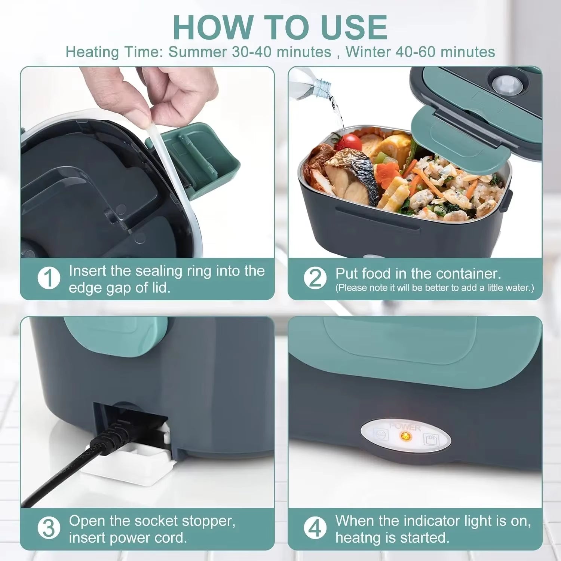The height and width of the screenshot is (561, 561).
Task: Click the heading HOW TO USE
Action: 280,28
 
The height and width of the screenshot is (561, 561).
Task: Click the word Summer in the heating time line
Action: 197,52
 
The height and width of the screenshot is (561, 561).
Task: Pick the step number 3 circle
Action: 49,528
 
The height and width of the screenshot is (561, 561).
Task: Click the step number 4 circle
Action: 315,528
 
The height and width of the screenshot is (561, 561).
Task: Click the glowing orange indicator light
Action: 405,436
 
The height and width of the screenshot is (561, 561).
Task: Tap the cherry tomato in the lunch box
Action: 351,142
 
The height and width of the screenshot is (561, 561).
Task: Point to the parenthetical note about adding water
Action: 434,288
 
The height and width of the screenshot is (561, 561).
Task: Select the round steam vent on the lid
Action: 503,85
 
